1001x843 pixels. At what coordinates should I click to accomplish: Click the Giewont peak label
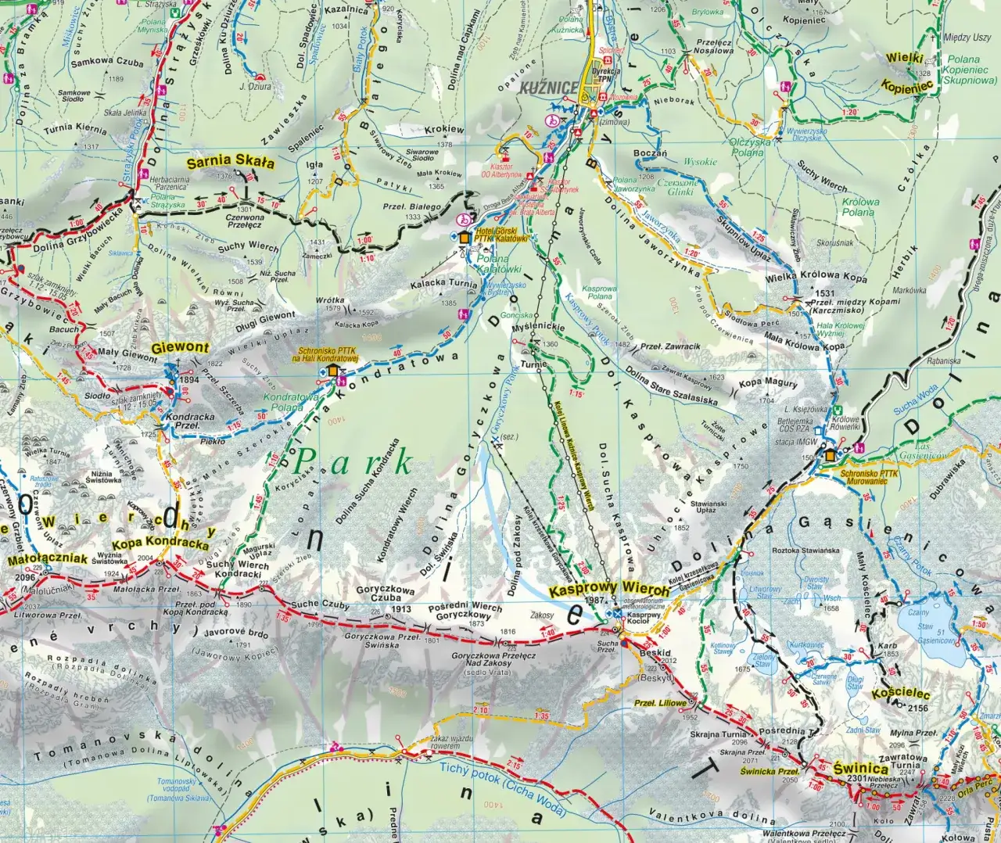click(x=181, y=347)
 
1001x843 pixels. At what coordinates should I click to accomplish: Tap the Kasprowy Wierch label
click(x=609, y=589)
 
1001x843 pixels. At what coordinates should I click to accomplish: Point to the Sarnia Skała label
click(x=231, y=163)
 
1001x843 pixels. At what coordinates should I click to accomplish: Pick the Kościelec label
click(x=901, y=694)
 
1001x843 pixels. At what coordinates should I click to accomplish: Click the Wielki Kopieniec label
click(x=907, y=73)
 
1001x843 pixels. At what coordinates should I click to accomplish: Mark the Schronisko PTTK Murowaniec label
click(x=868, y=477)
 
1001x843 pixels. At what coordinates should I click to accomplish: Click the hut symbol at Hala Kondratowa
click(x=334, y=371)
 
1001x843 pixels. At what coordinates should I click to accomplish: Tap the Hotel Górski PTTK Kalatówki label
click(x=502, y=236)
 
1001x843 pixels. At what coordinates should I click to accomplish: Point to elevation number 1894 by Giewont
click(x=189, y=380)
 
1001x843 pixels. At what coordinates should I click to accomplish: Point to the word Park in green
click(x=352, y=463)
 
